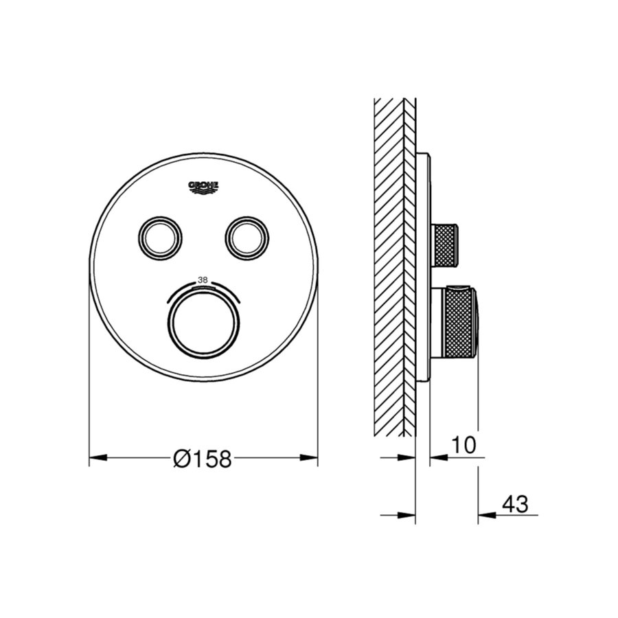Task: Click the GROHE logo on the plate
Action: pyautogui.click(x=203, y=187)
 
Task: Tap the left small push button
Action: pyautogui.click(x=162, y=237)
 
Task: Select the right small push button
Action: pyautogui.click(x=244, y=237)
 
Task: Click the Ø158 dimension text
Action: pyautogui.click(x=203, y=458)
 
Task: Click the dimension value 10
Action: pyautogui.click(x=464, y=445)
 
